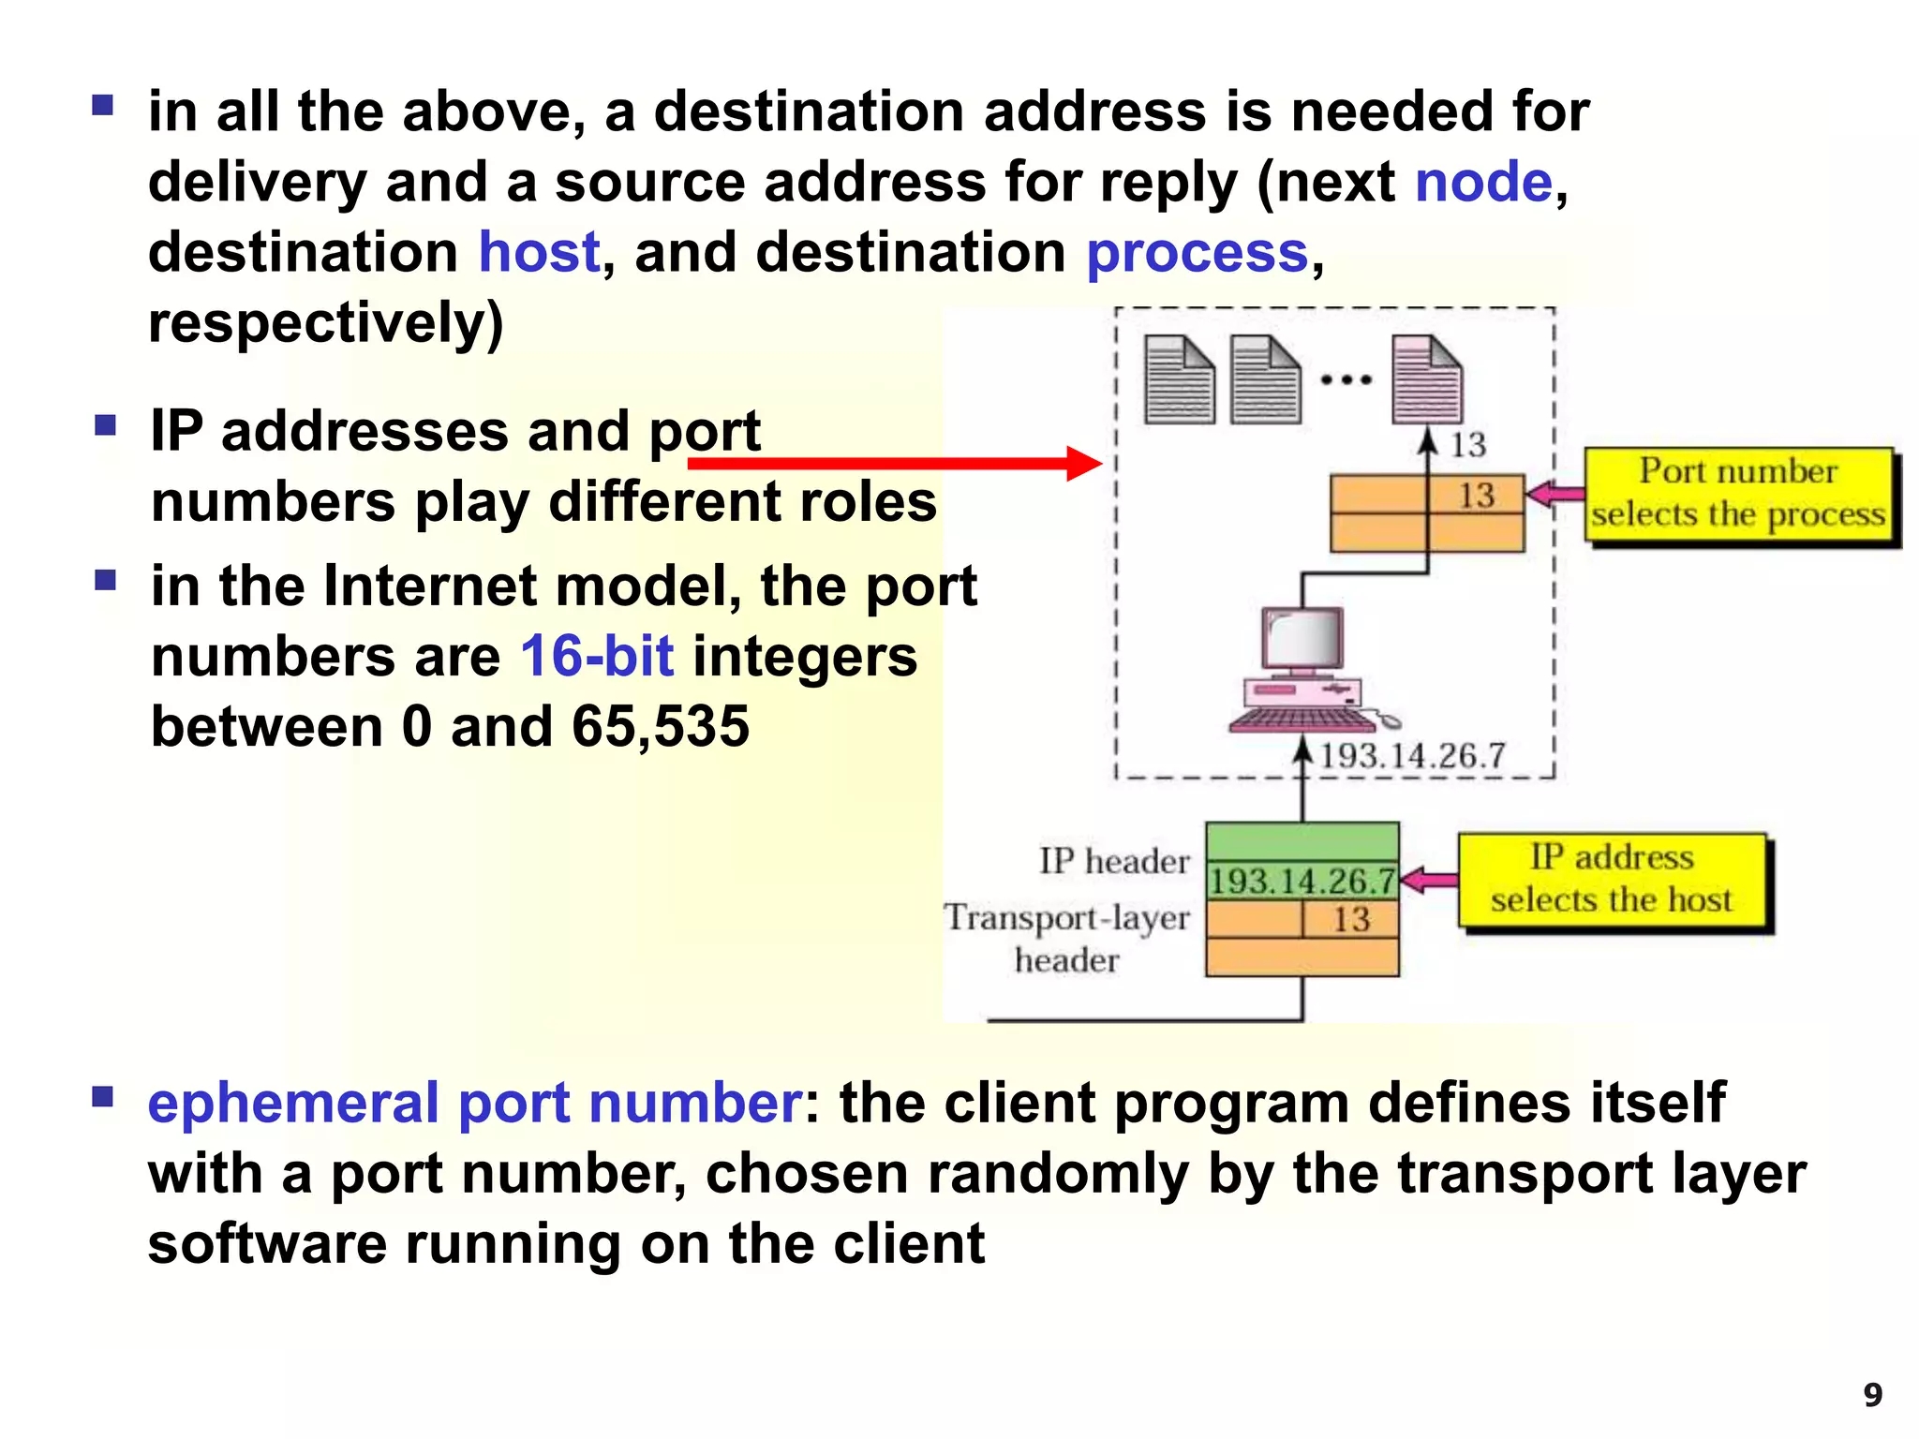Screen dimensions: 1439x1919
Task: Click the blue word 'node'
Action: click(1483, 182)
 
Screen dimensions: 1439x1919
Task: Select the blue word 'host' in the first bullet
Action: click(539, 252)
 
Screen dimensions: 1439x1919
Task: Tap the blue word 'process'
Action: click(1197, 252)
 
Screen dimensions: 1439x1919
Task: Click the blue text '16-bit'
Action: click(597, 656)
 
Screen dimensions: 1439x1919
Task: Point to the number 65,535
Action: click(661, 726)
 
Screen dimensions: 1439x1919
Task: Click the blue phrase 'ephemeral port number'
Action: click(474, 1103)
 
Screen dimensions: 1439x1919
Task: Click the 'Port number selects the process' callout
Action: click(1738, 494)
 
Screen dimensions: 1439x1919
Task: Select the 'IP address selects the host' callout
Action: click(1612, 880)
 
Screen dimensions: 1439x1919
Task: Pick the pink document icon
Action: click(1426, 379)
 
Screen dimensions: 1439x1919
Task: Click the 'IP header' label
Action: click(1113, 861)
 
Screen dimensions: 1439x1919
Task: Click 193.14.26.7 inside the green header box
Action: click(1302, 881)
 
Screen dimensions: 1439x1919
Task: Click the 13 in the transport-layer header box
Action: click(1351, 919)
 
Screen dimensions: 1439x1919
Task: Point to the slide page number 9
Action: click(1872, 1395)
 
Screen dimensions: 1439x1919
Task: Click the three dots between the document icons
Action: click(1346, 380)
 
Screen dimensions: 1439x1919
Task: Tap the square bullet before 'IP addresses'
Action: click(105, 426)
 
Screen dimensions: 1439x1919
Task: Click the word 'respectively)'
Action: click(326, 323)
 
